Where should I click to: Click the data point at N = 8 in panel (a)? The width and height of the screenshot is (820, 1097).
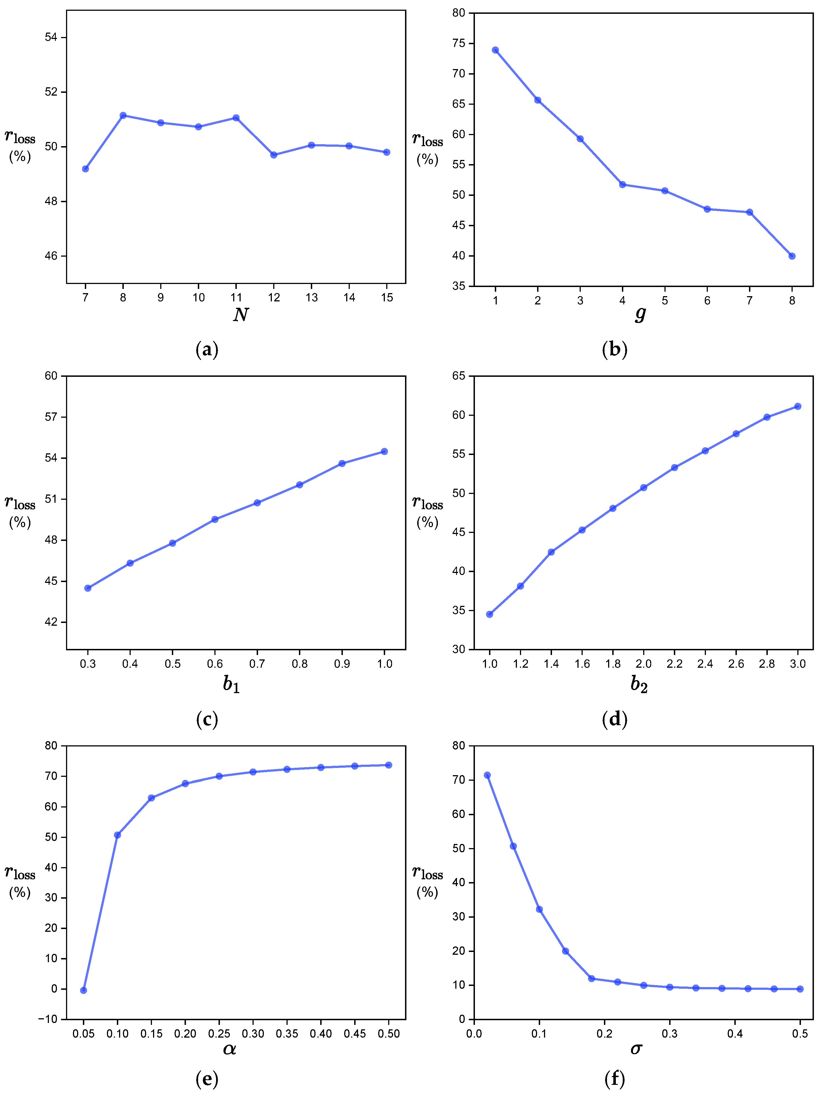[x=123, y=115]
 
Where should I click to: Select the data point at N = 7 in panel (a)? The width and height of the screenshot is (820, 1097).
[x=85, y=169]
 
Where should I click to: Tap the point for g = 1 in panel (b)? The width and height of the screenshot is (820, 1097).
[x=495, y=50]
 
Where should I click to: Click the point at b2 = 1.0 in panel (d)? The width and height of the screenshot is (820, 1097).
[x=490, y=614]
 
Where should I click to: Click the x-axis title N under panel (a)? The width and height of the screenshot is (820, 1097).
[x=241, y=315]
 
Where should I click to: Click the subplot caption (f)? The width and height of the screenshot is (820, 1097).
[x=615, y=1079]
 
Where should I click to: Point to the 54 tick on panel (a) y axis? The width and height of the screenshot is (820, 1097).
[x=51, y=38]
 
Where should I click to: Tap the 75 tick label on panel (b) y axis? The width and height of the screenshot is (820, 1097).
[x=459, y=44]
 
